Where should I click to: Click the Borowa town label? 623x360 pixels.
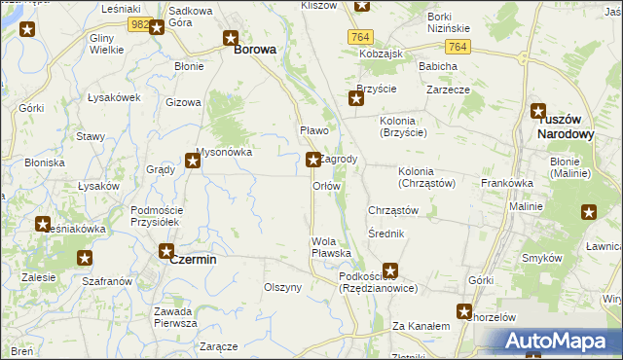click(x=253, y=48)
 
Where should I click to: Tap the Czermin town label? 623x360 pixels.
click(x=193, y=260)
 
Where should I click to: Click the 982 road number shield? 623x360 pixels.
click(x=138, y=24)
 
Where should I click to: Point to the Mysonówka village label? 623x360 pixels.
click(x=224, y=152)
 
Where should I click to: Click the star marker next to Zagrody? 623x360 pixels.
click(x=312, y=159)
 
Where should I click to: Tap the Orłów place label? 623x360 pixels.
click(x=326, y=185)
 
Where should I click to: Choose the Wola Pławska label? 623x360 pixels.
click(x=331, y=247)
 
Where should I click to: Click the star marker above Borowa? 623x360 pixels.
click(x=231, y=39)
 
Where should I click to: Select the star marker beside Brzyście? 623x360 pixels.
click(x=356, y=97)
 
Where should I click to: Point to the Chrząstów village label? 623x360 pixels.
click(x=393, y=210)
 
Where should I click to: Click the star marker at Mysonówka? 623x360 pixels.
click(x=194, y=162)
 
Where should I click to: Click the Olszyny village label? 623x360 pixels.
click(x=283, y=287)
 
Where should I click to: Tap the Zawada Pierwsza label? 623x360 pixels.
click(x=175, y=316)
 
